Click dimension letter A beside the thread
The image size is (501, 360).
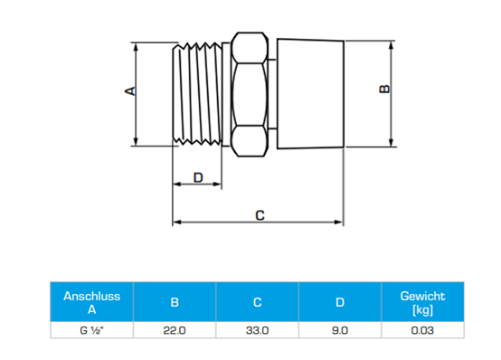130,91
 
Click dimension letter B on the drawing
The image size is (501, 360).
384,89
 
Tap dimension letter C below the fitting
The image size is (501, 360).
260,215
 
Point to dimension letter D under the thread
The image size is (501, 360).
198,177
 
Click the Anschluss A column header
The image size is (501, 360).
91,302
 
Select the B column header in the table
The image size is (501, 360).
175,302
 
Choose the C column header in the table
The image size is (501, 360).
257,302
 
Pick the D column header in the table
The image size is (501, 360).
340,302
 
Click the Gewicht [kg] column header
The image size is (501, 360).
422,302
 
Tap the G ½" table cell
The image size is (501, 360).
91,330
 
